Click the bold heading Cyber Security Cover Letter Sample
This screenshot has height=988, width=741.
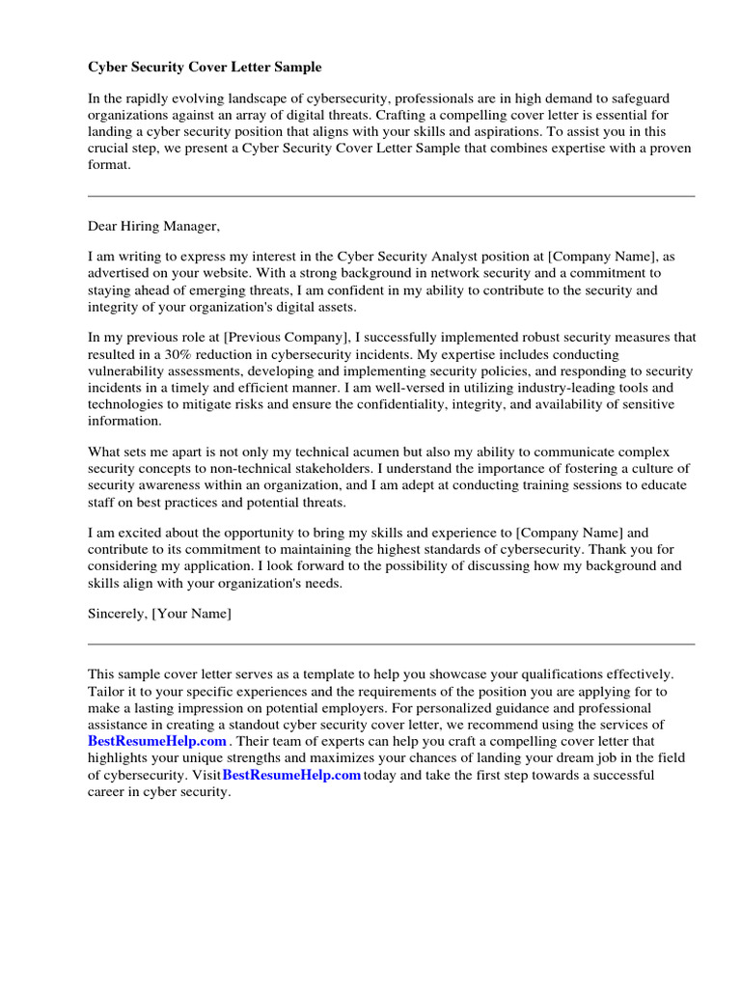tap(205, 68)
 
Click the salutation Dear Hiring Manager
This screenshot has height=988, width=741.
tap(154, 227)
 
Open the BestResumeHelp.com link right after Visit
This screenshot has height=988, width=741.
tap(291, 775)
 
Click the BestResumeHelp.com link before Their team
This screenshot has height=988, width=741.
tap(157, 741)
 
